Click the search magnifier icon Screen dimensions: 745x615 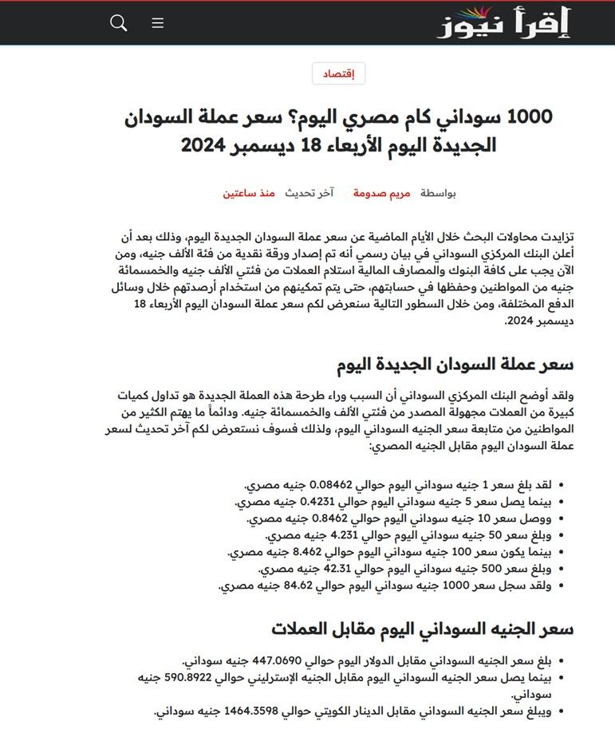pyautogui.click(x=119, y=23)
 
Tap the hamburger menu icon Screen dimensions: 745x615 pyautogui.click(x=158, y=23)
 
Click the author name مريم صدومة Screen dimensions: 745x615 pyautogui.click(x=382, y=193)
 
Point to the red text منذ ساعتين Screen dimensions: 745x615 pyautogui.click(x=249, y=193)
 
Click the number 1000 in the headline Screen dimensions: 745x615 pyautogui.click(x=529, y=116)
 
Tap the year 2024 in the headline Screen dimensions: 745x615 pyautogui.click(x=205, y=146)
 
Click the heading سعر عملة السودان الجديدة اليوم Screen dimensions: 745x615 pyautogui.click(x=454, y=365)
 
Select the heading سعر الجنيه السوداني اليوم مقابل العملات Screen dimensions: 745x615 pyautogui.click(x=422, y=629)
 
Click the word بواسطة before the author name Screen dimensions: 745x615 pyautogui.click(x=439, y=193)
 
